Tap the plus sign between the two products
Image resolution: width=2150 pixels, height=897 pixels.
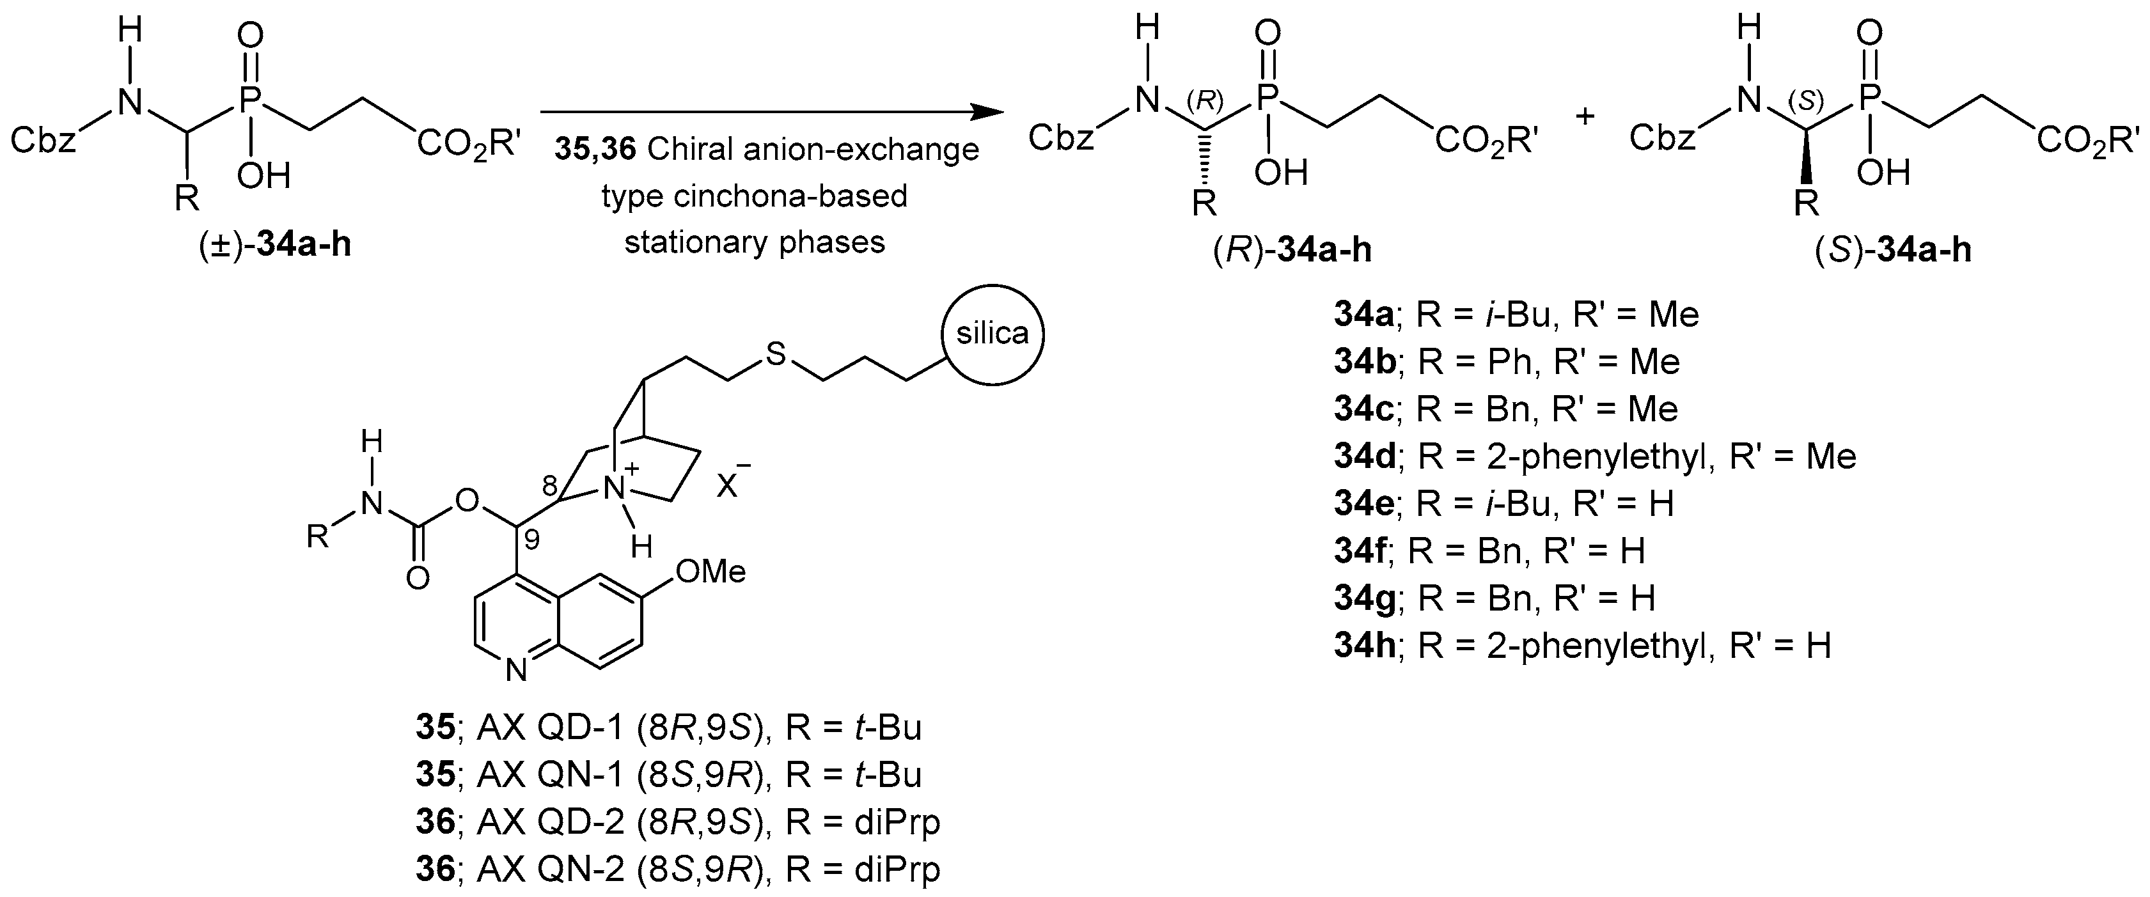(1584, 116)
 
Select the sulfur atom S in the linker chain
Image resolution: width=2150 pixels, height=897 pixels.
(776, 355)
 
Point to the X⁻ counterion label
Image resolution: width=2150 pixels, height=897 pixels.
(730, 481)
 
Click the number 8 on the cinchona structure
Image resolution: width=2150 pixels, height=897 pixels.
(549, 484)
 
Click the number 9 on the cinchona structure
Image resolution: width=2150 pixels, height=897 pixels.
(531, 541)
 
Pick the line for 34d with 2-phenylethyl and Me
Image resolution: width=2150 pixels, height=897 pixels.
(1594, 456)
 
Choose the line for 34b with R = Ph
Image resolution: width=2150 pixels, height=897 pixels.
(1507, 361)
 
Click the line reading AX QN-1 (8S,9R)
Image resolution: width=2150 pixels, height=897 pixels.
(668, 775)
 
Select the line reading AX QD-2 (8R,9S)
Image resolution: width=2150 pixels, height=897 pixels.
(678, 823)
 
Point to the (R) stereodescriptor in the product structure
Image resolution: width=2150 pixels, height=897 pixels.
(1204, 100)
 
